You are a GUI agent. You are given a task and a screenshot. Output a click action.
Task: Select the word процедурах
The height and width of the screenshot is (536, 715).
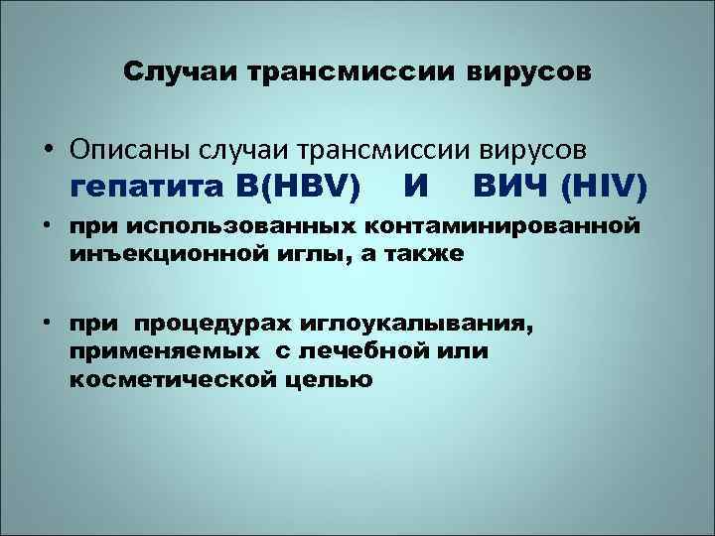point(228,326)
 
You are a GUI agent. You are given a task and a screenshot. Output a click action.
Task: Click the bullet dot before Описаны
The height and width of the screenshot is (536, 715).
point(47,150)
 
